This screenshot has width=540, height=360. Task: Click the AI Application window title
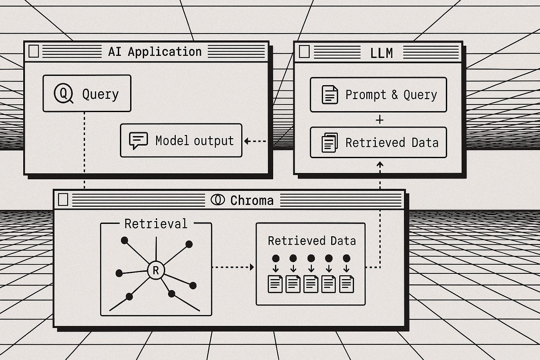coord(155,52)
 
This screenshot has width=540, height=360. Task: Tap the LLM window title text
coord(381,53)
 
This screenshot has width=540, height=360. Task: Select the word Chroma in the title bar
coord(252,200)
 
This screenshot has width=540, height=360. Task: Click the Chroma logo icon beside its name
coord(218,200)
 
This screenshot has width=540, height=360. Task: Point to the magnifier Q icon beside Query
coord(63,93)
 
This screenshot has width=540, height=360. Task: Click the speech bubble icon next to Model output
coord(138,140)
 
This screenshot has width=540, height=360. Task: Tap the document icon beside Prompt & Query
coord(330,95)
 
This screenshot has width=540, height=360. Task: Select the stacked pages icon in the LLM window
coord(330,142)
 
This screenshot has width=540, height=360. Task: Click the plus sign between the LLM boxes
coord(379,120)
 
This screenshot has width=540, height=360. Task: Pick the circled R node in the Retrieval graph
coord(156,270)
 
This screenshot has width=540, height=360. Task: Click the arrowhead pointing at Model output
coord(247,141)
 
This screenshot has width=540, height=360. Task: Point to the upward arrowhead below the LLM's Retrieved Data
coord(380,164)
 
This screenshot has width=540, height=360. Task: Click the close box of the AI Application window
coord(33,51)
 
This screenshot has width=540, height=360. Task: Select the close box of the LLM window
coord(304,52)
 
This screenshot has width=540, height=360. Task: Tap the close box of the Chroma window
coord(63,200)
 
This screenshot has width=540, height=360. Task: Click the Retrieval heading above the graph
coord(156,224)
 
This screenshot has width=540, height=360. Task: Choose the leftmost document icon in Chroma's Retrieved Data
coord(275,284)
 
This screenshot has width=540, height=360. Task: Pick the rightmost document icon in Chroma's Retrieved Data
coord(346,284)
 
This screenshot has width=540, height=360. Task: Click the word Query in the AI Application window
coord(100,94)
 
